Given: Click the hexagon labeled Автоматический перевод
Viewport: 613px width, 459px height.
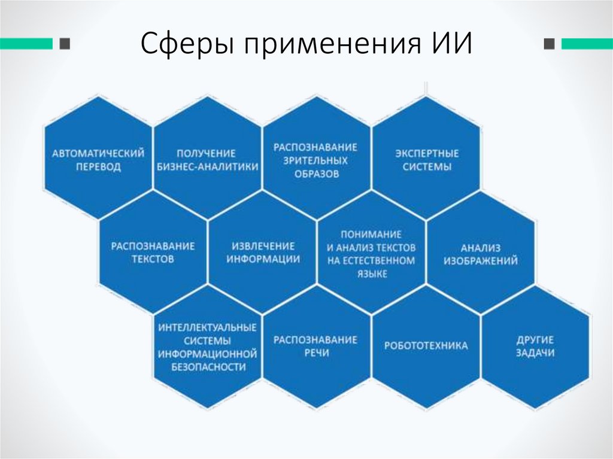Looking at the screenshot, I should click(98, 160).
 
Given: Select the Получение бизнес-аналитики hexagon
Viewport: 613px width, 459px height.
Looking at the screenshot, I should click(207, 160).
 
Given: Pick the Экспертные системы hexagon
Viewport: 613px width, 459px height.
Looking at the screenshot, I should click(426, 160).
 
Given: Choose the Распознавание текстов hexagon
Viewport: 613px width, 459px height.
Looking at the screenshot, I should click(153, 253).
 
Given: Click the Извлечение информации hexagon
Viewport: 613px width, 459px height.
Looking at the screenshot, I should click(262, 253).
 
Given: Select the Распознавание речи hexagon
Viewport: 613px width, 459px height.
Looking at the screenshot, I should click(316, 346).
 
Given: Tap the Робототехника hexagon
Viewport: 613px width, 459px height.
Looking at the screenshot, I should click(426, 346).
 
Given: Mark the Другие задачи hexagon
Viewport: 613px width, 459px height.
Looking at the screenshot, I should click(535, 346).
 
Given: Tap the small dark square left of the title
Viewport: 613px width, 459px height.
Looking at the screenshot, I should click(65, 43).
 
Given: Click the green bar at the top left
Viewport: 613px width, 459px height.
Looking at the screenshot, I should click(26, 43).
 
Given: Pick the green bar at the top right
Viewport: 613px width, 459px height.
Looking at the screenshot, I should click(587, 43).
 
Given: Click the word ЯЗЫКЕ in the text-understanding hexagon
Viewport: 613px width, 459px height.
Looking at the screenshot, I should click(371, 273).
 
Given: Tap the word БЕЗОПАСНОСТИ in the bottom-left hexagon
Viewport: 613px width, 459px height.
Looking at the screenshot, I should click(207, 367).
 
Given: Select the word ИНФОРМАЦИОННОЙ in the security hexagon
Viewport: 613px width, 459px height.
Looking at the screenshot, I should click(207, 354).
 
